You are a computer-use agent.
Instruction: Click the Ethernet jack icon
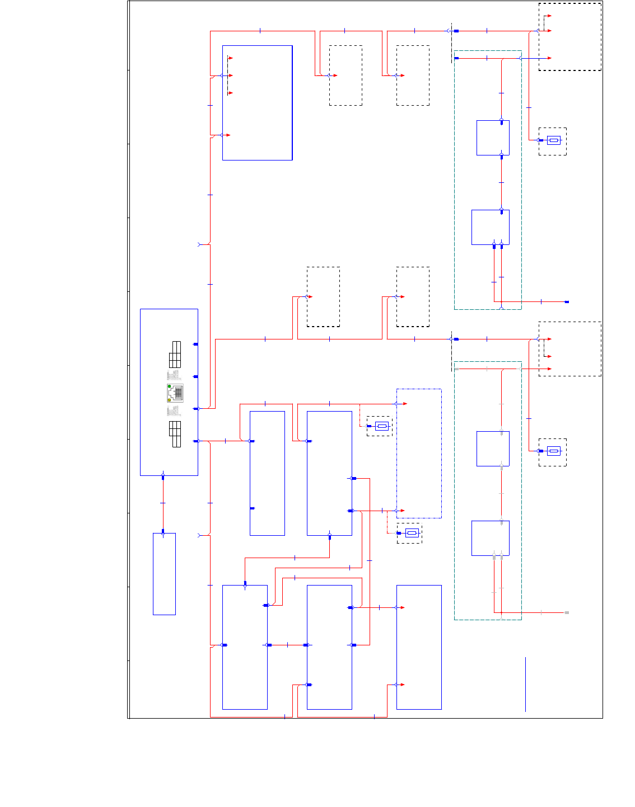[175, 393]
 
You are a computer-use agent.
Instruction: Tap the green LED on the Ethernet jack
[169, 386]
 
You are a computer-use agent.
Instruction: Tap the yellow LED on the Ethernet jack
[169, 400]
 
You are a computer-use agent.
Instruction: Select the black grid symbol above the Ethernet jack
[175, 354]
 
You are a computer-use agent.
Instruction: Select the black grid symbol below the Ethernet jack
[175, 434]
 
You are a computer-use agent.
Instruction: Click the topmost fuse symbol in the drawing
[553, 140]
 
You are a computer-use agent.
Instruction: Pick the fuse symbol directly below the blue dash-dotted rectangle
[412, 533]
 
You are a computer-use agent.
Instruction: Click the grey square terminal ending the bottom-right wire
[567, 613]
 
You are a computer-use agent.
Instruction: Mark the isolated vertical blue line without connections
[525, 685]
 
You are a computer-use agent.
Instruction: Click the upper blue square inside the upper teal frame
[493, 138]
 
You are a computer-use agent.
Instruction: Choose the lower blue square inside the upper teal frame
[490, 227]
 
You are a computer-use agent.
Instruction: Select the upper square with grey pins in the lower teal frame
[493, 449]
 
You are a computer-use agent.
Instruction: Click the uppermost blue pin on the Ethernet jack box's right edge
[195, 344]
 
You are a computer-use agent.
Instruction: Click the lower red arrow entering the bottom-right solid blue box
[401, 685]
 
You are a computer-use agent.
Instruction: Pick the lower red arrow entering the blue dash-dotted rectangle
[401, 511]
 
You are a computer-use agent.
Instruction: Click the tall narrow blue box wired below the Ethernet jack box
[164, 574]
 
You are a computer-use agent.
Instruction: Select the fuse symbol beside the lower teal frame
[553, 451]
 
